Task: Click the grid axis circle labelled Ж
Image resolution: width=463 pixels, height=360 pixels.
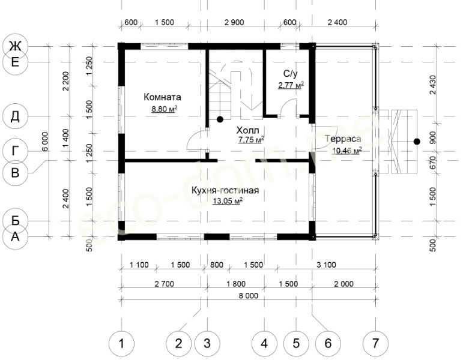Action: [15, 46]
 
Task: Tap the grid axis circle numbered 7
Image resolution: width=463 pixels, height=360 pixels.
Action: [375, 343]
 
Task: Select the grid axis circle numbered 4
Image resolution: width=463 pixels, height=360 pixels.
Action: [264, 343]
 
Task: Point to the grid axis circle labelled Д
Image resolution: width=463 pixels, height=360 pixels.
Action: [15, 116]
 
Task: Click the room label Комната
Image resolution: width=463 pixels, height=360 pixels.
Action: [162, 97]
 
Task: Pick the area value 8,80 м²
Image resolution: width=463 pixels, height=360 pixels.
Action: [165, 109]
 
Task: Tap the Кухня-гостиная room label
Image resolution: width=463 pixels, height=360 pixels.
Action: [225, 190]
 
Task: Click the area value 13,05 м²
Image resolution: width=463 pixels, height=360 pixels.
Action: [228, 201]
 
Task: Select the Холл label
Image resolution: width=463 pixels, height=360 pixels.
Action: [247, 130]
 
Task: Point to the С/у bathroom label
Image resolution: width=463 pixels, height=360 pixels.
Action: [290, 73]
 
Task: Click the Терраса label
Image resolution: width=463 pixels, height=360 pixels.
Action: [343, 139]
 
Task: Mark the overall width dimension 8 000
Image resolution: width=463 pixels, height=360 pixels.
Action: [249, 295]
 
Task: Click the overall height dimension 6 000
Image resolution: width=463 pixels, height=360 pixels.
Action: [45, 142]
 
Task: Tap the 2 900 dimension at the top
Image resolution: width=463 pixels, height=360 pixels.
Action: [234, 22]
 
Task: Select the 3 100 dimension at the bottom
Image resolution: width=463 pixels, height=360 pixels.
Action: [326, 265]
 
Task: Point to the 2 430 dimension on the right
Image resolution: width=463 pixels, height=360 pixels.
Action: [432, 85]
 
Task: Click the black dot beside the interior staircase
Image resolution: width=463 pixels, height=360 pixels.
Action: [220, 119]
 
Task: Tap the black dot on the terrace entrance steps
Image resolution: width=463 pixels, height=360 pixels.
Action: [417, 142]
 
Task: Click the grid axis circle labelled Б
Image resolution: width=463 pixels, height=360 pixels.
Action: [15, 220]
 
